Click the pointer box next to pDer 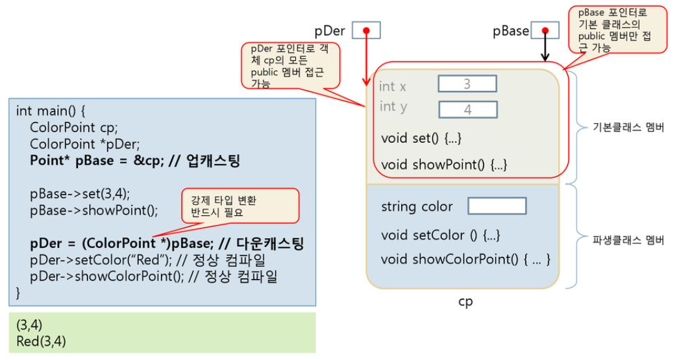pyautogui.click(x=366, y=30)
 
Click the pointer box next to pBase pyautogui.click(x=545, y=30)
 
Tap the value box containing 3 pyautogui.click(x=467, y=84)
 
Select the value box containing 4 pyautogui.click(x=468, y=110)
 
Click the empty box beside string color pyautogui.click(x=497, y=206)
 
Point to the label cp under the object pyautogui.click(x=465, y=302)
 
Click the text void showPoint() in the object pyautogui.click(x=443, y=164)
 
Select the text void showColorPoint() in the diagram pyautogui.click(x=465, y=259)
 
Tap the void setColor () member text pyautogui.click(x=441, y=235)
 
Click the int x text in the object pyautogui.click(x=393, y=86)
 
